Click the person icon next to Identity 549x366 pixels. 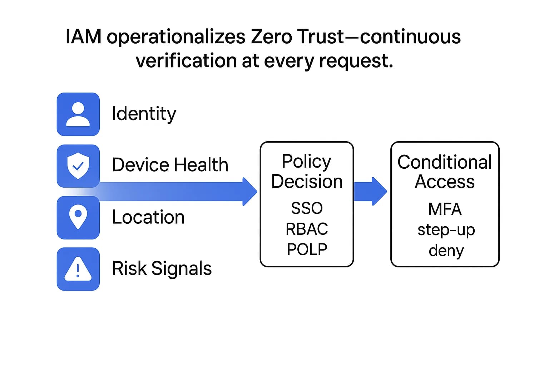pos(78,114)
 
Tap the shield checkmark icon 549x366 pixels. pos(78,166)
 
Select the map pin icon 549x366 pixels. pos(78,217)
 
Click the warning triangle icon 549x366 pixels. pos(78,269)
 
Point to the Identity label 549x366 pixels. pos(144,114)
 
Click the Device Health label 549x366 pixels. pos(170,165)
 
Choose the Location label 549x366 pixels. pos(148,217)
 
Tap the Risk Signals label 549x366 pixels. pos(162,268)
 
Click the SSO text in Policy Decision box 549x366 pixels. pos(307,208)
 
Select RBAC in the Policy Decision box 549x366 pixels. pos(307,229)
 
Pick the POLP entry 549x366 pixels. pos(307,249)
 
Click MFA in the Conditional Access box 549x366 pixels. pos(445,209)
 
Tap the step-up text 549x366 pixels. pos(446,230)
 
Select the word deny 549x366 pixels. pos(446,251)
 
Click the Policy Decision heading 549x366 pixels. pos(307,171)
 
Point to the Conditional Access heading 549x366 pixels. pos(445,172)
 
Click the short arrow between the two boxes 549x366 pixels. pos(370,191)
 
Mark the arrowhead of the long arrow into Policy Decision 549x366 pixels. pos(250,192)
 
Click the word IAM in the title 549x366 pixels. pos(83,37)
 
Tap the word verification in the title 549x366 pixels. pos(186,61)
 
